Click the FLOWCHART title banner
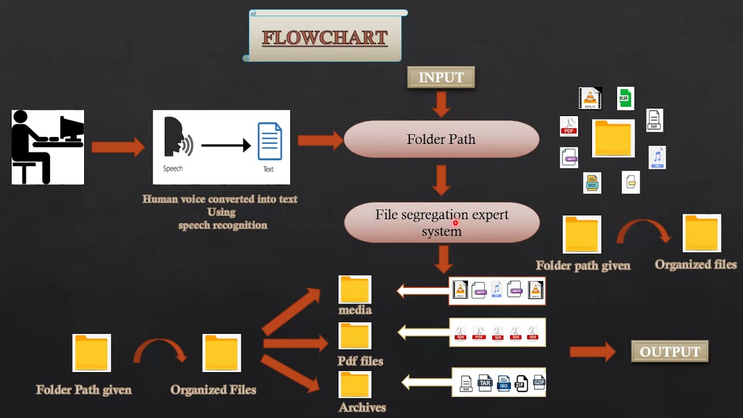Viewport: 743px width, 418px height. (x=324, y=38)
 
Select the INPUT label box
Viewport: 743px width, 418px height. (x=441, y=78)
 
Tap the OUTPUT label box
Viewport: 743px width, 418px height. (x=670, y=352)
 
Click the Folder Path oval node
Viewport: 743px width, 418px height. (x=441, y=139)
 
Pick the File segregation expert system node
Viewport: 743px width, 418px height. (x=442, y=223)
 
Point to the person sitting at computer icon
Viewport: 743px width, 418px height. (x=48, y=147)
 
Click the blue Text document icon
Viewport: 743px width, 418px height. (x=270, y=142)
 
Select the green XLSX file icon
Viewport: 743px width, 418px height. (x=625, y=99)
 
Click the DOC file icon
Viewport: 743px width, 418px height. (x=592, y=183)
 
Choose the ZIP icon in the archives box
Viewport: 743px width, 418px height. (x=521, y=383)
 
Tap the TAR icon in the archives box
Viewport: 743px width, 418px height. (x=485, y=383)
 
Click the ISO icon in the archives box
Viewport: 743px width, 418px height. (x=503, y=383)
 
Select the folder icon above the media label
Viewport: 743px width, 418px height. (x=355, y=289)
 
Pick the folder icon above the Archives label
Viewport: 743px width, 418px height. (x=355, y=384)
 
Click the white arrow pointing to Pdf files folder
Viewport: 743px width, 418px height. (x=423, y=333)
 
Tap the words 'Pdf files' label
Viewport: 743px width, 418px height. (x=360, y=361)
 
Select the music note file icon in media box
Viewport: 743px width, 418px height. (x=496, y=289)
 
